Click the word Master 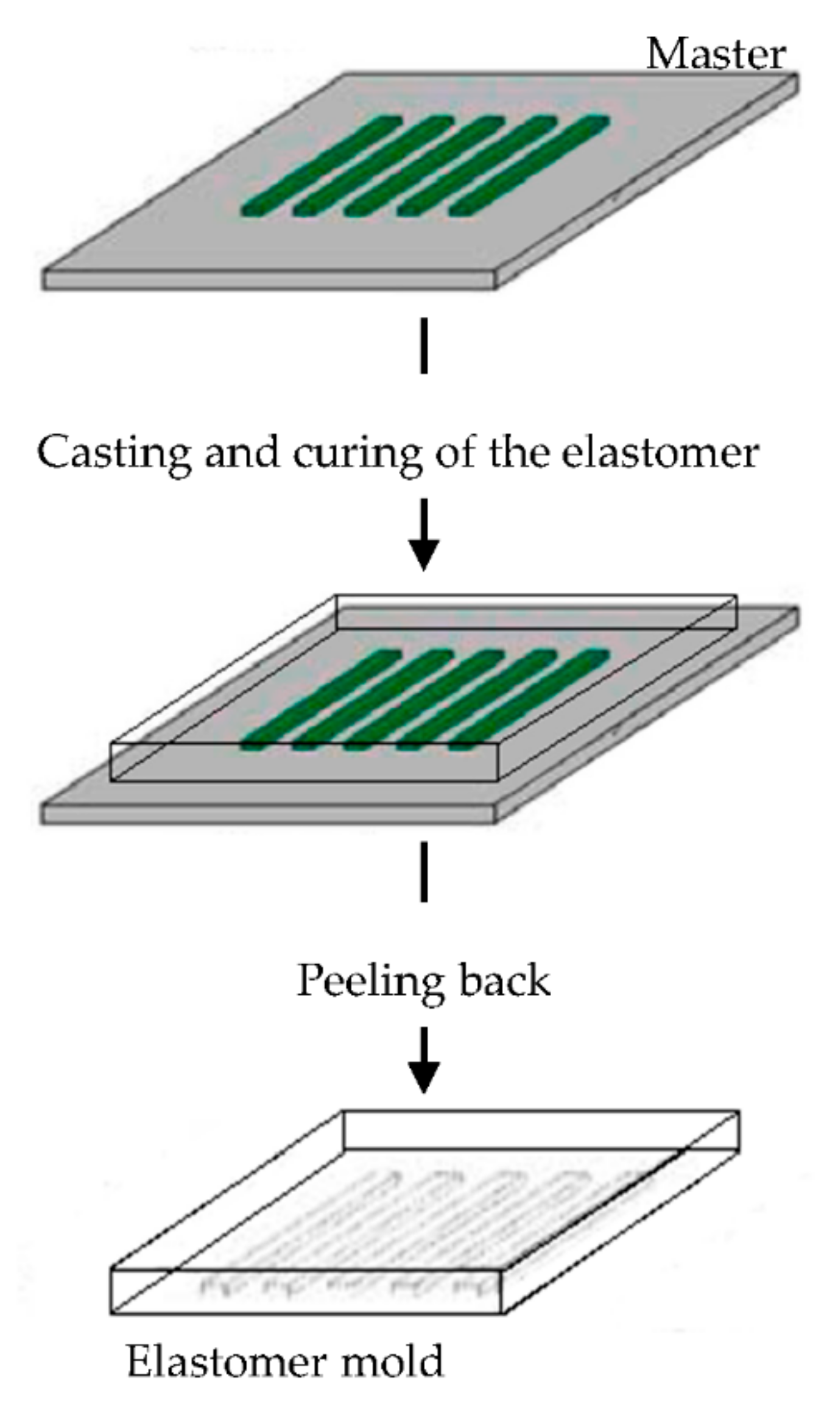(715, 55)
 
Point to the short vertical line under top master (424, 345)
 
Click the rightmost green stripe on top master (529, 166)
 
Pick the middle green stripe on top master (424, 166)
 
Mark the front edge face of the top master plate (268, 280)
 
